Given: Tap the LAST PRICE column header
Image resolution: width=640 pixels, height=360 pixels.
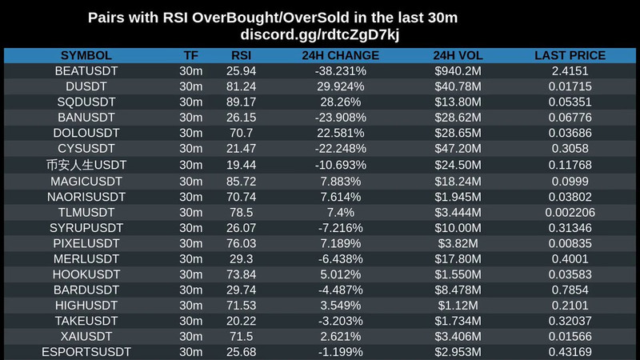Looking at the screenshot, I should (570, 56).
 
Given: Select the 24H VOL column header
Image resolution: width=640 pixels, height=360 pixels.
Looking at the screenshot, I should (458, 56).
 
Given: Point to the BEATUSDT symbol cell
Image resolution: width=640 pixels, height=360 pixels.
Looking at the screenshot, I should (86, 71).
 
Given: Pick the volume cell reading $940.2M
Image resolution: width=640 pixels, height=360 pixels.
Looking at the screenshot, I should (458, 71).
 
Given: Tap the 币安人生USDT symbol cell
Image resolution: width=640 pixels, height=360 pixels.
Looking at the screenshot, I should (86, 165).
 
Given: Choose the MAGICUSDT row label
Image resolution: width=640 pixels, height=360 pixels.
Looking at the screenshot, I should (86, 180).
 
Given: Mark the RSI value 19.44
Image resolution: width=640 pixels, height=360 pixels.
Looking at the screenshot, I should (242, 165).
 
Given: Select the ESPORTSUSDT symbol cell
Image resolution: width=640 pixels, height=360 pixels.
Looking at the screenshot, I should (86, 351).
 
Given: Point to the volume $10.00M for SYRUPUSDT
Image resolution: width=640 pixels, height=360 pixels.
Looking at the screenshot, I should (458, 227).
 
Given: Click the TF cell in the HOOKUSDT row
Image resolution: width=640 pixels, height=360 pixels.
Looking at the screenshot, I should (191, 274).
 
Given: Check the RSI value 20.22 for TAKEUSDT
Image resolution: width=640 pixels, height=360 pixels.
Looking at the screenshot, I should (242, 320).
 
